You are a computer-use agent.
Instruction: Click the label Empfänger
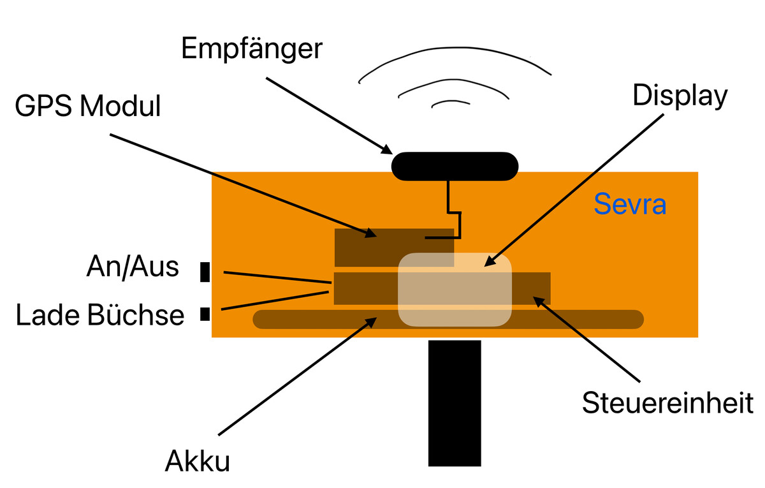[x=251, y=50]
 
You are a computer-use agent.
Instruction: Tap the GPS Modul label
[x=88, y=107]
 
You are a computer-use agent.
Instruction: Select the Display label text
[x=680, y=96]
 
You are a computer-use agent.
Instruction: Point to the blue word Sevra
[x=630, y=205]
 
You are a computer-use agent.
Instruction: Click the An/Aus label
[x=133, y=267]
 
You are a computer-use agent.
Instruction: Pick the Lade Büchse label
[x=100, y=315]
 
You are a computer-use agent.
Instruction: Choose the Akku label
[x=197, y=460]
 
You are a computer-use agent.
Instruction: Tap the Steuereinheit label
[x=668, y=403]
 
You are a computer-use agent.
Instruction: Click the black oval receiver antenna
[x=455, y=166]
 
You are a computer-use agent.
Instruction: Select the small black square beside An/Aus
[x=205, y=272]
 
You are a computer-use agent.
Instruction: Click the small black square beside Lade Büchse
[x=205, y=313]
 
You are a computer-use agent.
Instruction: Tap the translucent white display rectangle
[x=455, y=290]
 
